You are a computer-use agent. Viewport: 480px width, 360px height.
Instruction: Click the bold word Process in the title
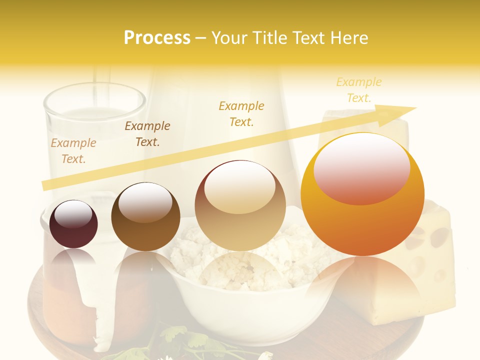click(x=157, y=38)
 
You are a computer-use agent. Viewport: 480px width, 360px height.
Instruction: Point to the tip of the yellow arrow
click(x=415, y=108)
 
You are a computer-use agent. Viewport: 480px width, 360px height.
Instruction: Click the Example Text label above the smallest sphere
click(x=73, y=150)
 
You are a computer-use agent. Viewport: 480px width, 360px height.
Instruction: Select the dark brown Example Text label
click(x=147, y=133)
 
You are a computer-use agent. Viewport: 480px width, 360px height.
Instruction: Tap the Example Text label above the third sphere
click(x=241, y=113)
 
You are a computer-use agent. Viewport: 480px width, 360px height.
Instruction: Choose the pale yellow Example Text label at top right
click(x=359, y=89)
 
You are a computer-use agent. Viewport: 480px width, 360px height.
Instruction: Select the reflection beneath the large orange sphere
click(x=362, y=285)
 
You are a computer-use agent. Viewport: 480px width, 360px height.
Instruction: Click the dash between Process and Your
click(x=201, y=38)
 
